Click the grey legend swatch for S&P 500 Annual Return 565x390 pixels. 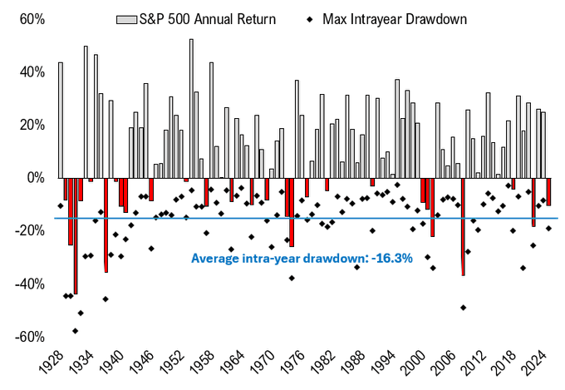[x=127, y=17]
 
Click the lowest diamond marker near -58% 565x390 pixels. [x=75, y=331]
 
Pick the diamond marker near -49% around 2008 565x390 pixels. [x=463, y=308]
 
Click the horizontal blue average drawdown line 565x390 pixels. [x=332, y=219]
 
